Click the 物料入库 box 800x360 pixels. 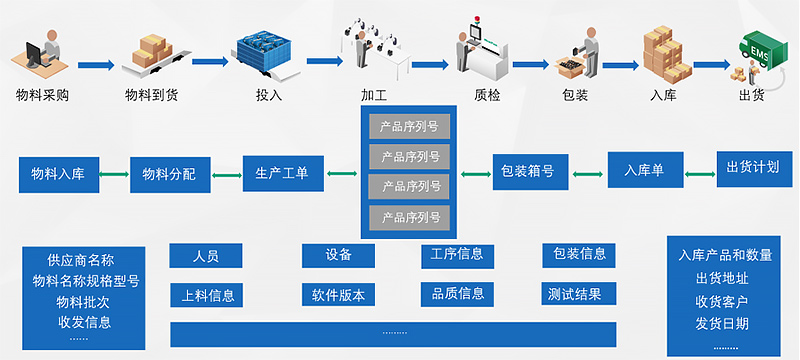pyautogui.click(x=58, y=173)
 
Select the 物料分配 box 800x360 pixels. pyautogui.click(x=169, y=173)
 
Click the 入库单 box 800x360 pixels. pyautogui.click(x=645, y=169)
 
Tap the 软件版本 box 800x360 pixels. pyautogui.click(x=338, y=295)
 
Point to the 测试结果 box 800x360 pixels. pyautogui.click(x=579, y=294)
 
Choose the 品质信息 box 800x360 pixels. pyautogui.click(x=457, y=294)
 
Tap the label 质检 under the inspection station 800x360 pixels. pyautogui.click(x=486, y=96)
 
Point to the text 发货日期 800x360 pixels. pyautogui.click(x=721, y=323)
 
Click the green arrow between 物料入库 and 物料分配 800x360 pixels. pyautogui.click(x=113, y=174)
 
